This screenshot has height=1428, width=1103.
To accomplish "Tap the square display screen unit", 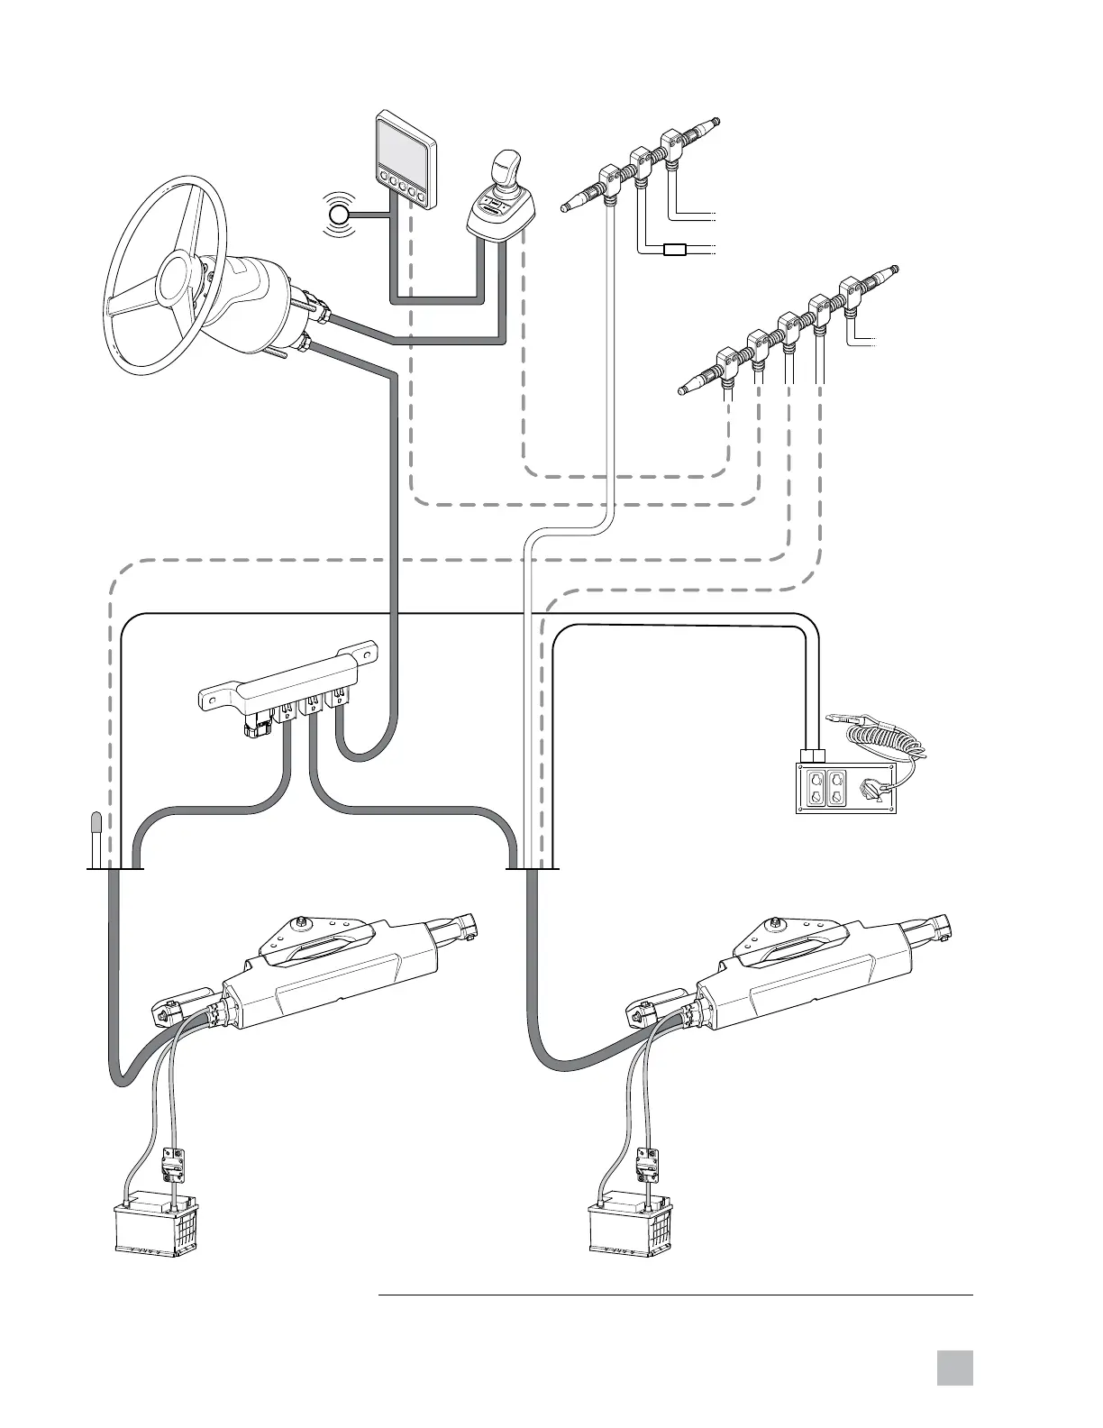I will pyautogui.click(x=404, y=155).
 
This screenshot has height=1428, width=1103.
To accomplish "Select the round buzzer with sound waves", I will pyautogui.click(x=340, y=215).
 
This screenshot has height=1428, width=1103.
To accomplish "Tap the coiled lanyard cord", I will pyautogui.click(x=888, y=740).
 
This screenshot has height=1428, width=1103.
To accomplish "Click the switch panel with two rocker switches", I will pyautogui.click(x=845, y=787).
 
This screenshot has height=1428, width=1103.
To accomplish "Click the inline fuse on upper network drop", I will pyautogui.click(x=676, y=250).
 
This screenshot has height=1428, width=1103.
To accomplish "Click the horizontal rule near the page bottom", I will pyautogui.click(x=676, y=1296).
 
